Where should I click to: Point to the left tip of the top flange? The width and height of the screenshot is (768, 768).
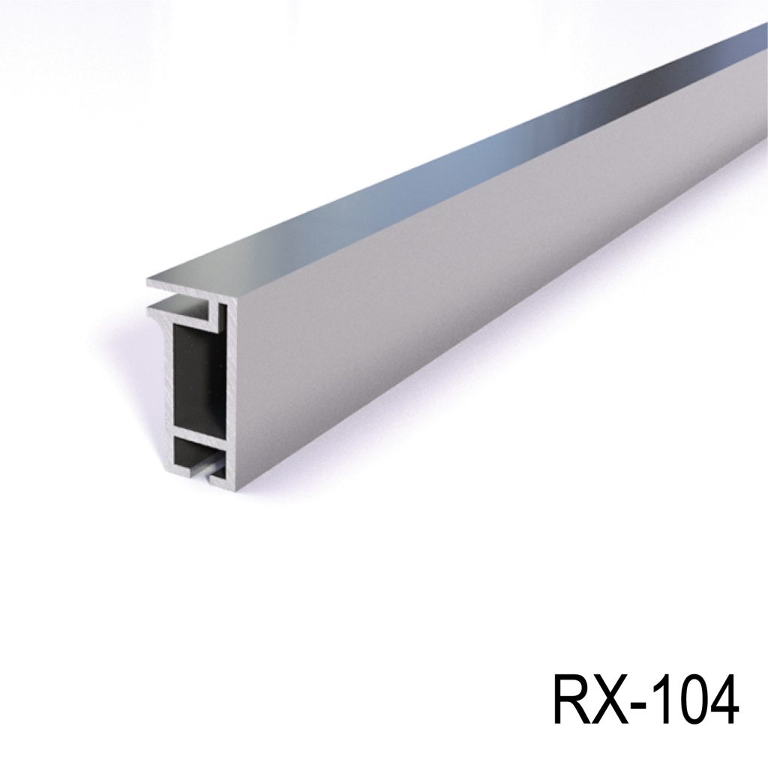coord(151,283)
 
